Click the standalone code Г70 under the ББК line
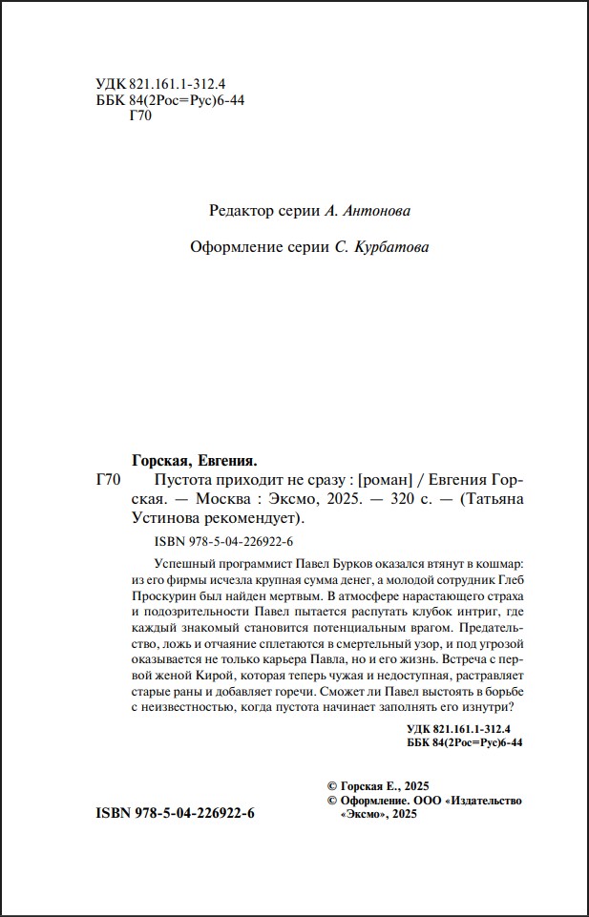[139, 117]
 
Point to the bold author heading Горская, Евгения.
[195, 459]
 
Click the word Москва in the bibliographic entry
[227, 499]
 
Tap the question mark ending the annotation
[515, 706]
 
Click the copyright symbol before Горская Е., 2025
[332, 783]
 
